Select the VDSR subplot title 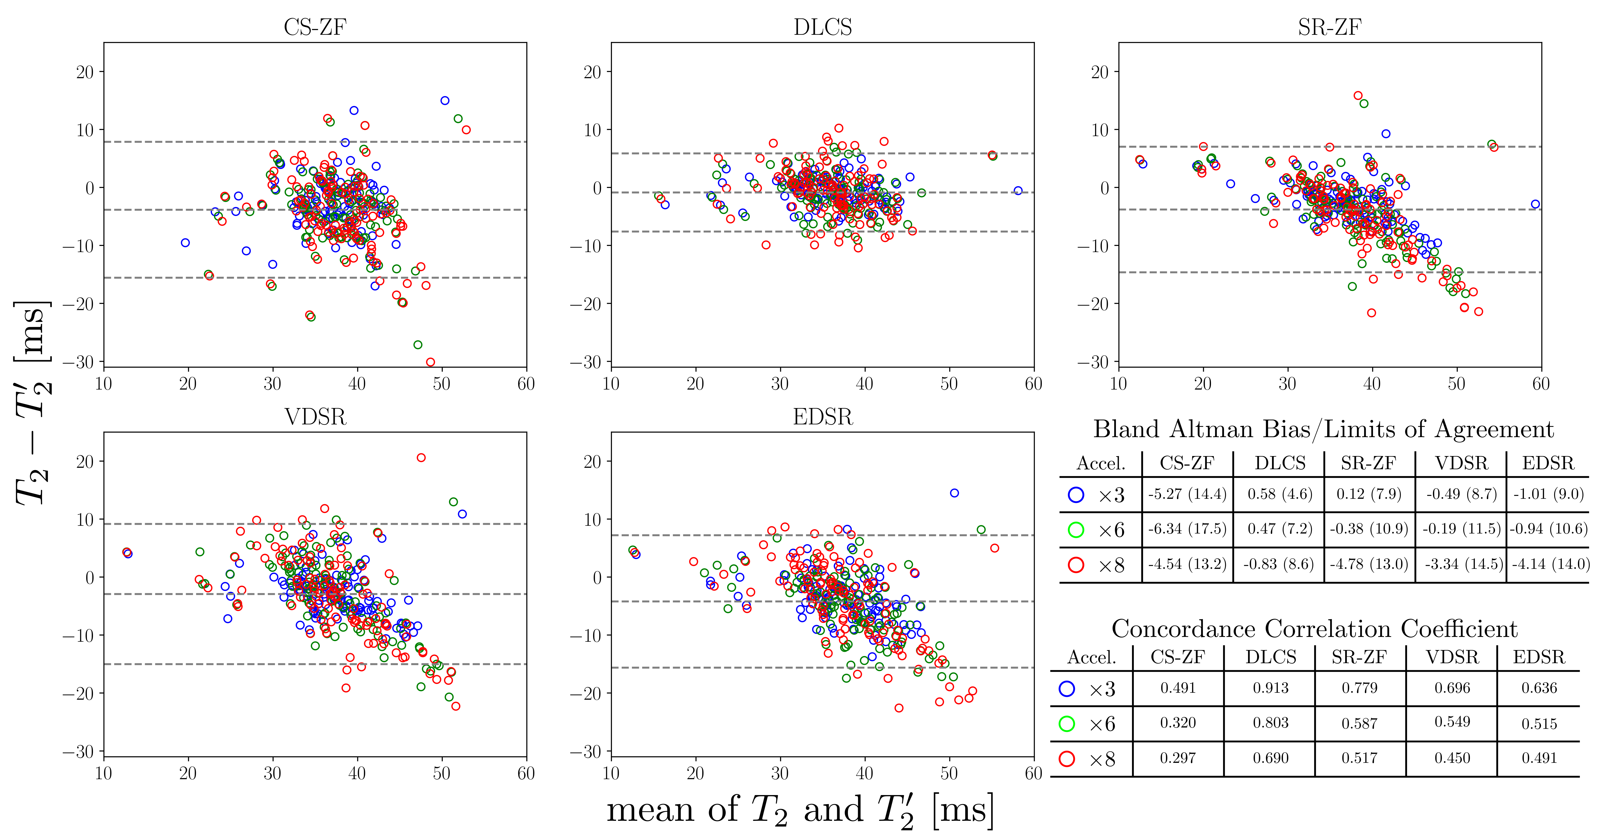(x=315, y=417)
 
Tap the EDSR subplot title (x=822, y=417)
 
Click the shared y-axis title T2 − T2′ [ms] (x=32, y=402)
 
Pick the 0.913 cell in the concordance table (x=1271, y=688)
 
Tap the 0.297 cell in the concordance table (x=1178, y=758)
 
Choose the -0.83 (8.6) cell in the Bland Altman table (x=1279, y=564)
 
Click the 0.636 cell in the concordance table (x=1539, y=688)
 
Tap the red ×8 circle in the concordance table (x=1067, y=759)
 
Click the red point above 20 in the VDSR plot (x=421, y=458)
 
